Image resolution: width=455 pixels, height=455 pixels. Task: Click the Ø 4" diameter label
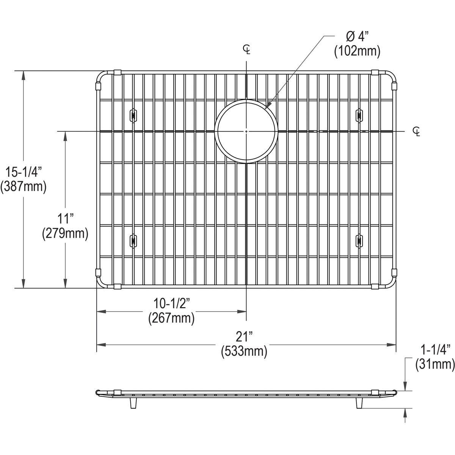click(x=358, y=37)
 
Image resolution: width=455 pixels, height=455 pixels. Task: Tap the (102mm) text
click(x=357, y=51)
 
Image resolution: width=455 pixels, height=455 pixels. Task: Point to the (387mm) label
click(x=24, y=187)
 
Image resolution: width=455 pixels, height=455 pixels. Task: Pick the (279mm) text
click(x=65, y=234)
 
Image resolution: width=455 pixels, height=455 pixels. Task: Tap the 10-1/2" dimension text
click(x=172, y=303)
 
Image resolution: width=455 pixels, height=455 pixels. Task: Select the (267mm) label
click(x=171, y=318)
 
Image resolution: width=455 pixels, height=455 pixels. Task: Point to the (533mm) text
click(x=244, y=351)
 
